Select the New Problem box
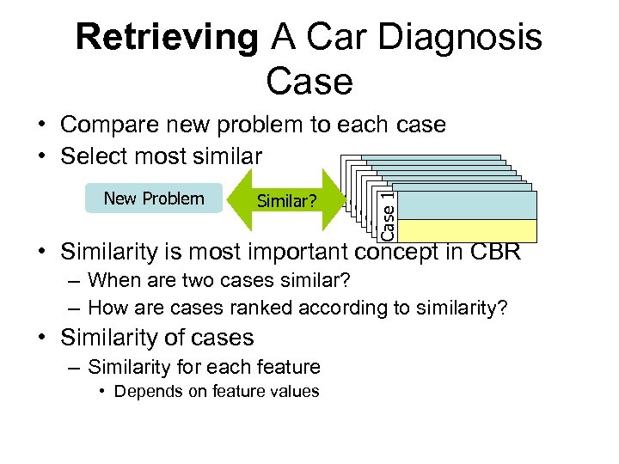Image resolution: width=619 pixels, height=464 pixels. [154, 198]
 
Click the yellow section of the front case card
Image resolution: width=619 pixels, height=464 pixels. [465, 231]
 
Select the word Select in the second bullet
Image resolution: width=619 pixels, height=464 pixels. [94, 156]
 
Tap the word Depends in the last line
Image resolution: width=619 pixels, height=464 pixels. [144, 392]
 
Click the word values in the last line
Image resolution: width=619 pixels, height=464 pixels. [297, 392]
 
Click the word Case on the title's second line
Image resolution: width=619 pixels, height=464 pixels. [309, 82]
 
